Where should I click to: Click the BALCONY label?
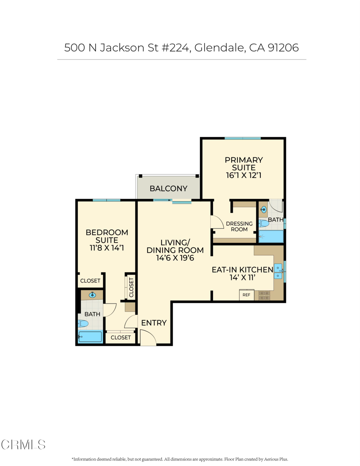pyautogui.click(x=168, y=188)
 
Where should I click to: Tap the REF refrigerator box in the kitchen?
pyautogui.click(x=246, y=295)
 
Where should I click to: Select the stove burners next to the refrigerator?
pyautogui.click(x=264, y=295)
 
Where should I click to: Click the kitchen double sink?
pyautogui.click(x=278, y=272)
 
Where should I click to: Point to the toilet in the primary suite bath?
pyautogui.click(x=264, y=223)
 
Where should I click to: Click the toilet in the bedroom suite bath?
pyautogui.click(x=83, y=324)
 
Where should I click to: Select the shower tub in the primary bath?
pyautogui.click(x=271, y=237)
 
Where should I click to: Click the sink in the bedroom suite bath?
pyautogui.click(x=92, y=295)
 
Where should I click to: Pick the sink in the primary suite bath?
pyautogui.click(x=264, y=210)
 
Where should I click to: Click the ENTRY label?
pyautogui.click(x=154, y=323)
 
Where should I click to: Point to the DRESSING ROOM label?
pyautogui.click(x=239, y=227)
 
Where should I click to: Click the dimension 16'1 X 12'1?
pyautogui.click(x=243, y=175)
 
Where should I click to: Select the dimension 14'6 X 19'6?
pyautogui.click(x=175, y=258)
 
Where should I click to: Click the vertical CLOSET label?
pyautogui.click(x=132, y=287)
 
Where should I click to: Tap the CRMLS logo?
pyautogui.click(x=23, y=445)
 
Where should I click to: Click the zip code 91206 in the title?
pyautogui.click(x=283, y=47)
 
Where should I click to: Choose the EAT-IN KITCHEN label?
pyautogui.click(x=242, y=269)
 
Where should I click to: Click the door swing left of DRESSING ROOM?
pyautogui.click(x=217, y=222)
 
